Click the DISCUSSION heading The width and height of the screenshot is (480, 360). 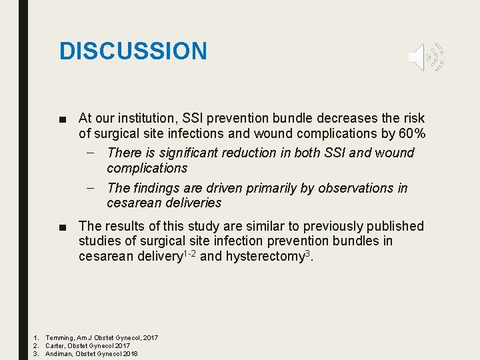point(133,51)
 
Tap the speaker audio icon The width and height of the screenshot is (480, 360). point(425,57)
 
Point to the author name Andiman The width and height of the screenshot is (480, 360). point(59,354)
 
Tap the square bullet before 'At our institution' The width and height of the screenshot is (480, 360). point(62,119)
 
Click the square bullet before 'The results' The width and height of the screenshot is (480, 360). point(62,227)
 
